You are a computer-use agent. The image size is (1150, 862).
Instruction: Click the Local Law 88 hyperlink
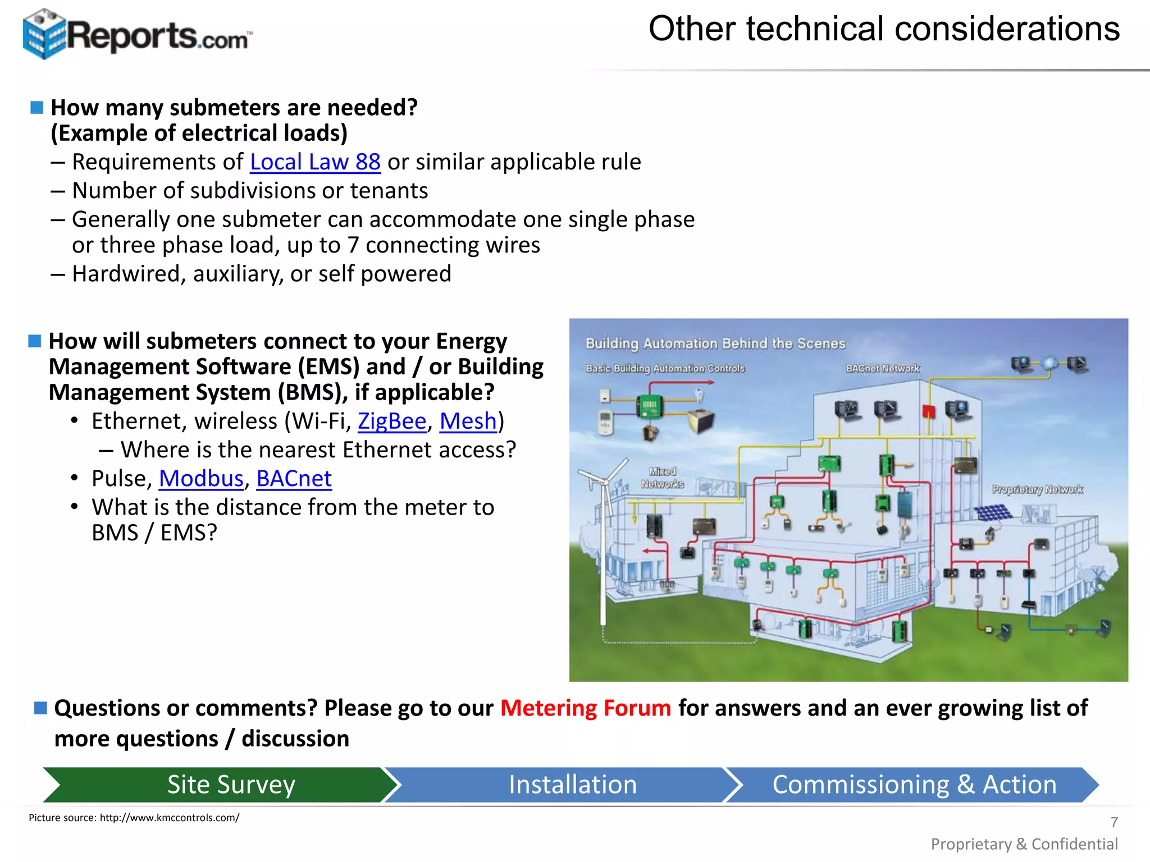(315, 162)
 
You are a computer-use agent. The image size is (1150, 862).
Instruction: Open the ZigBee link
(392, 421)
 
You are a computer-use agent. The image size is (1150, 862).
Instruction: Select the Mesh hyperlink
(468, 421)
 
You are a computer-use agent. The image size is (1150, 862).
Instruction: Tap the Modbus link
(201, 479)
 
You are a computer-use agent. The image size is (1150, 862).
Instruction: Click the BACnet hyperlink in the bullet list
(294, 479)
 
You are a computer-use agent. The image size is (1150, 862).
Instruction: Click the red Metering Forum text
(585, 708)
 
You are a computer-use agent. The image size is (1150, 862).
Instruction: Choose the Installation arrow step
(572, 785)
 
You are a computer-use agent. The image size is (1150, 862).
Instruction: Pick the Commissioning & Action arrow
(914, 785)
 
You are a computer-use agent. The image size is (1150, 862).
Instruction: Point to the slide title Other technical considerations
(884, 29)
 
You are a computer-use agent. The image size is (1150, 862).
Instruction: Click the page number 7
(1114, 822)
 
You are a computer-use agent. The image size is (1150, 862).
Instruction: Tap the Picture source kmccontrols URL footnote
(134, 818)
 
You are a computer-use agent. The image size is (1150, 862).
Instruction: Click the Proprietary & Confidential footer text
(1024, 844)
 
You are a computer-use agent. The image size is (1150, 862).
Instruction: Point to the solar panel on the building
(993, 512)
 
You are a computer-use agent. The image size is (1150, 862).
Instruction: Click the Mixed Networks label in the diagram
(663, 478)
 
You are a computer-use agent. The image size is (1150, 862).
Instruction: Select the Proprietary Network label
(1037, 489)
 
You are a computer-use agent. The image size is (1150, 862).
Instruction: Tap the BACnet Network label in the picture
(882, 369)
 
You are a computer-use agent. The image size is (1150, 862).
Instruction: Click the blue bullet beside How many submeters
(37, 108)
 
